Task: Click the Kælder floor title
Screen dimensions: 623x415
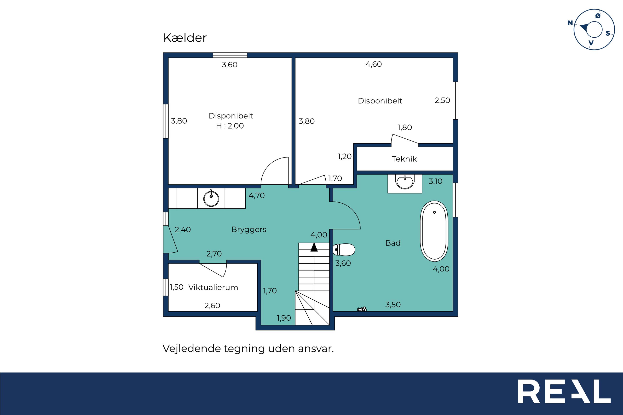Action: pyautogui.click(x=185, y=38)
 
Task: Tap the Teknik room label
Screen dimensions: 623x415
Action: pyautogui.click(x=404, y=159)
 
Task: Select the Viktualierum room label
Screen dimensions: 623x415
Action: pyautogui.click(x=213, y=287)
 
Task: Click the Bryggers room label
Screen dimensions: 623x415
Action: pyautogui.click(x=249, y=229)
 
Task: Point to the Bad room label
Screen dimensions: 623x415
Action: pyautogui.click(x=393, y=243)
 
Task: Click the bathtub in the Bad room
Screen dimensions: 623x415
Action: pyautogui.click(x=434, y=231)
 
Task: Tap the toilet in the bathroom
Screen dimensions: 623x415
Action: pyautogui.click(x=344, y=250)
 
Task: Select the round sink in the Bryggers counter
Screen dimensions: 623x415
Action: pyautogui.click(x=211, y=198)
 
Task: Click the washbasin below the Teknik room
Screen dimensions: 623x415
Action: pyautogui.click(x=404, y=182)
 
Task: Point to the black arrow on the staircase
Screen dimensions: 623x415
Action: pyautogui.click(x=314, y=247)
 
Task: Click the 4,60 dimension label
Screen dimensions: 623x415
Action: pyautogui.click(x=374, y=64)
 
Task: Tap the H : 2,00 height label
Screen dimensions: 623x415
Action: pyautogui.click(x=230, y=126)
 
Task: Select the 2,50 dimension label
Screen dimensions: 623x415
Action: pyautogui.click(x=442, y=101)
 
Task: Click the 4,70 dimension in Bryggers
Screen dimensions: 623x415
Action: pyautogui.click(x=257, y=196)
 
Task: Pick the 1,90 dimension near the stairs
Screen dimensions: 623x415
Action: pyautogui.click(x=284, y=318)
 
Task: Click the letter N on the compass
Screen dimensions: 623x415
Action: pyautogui.click(x=570, y=23)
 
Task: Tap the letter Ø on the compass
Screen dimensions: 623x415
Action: pyautogui.click(x=598, y=16)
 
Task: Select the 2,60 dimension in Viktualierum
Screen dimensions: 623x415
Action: pyautogui.click(x=212, y=306)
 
